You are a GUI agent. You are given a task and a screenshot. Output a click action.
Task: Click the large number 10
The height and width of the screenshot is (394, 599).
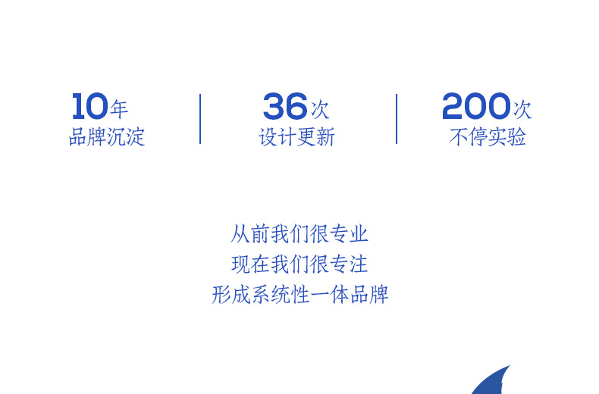click(x=90, y=106)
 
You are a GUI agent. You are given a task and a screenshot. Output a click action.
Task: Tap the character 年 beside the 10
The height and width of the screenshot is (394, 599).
click(x=119, y=109)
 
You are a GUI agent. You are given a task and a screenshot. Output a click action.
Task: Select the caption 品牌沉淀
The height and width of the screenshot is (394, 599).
click(x=107, y=136)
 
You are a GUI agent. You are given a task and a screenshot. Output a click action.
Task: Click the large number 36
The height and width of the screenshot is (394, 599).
click(x=285, y=106)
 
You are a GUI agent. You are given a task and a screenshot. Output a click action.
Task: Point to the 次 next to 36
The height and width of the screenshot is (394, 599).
click(x=320, y=110)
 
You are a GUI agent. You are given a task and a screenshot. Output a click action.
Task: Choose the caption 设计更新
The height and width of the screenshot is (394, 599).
click(x=296, y=136)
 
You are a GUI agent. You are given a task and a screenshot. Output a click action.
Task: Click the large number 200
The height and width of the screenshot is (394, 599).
click(x=476, y=106)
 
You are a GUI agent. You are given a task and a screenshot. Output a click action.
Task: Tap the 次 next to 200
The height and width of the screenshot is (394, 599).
click(x=522, y=110)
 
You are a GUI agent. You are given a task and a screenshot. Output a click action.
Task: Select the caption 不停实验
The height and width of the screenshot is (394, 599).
click(x=488, y=136)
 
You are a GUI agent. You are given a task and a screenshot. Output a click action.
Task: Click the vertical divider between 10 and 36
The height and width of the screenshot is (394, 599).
click(x=200, y=119)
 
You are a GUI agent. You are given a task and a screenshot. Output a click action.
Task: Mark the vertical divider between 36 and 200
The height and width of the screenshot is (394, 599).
click(x=397, y=119)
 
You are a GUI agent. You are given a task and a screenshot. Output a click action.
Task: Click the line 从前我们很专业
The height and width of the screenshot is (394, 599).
click(x=299, y=233)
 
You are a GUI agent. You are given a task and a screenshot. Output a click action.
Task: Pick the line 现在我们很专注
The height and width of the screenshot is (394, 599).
click(x=299, y=264)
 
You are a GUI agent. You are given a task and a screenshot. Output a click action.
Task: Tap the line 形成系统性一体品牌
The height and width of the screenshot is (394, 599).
click(x=300, y=294)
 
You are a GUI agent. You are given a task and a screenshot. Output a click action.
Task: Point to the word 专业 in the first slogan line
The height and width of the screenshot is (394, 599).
click(x=349, y=233)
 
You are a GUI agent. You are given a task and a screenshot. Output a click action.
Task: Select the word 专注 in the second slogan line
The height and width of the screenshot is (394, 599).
click(x=349, y=264)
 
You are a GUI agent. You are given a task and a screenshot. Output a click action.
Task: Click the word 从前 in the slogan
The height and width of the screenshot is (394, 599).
click(x=250, y=233)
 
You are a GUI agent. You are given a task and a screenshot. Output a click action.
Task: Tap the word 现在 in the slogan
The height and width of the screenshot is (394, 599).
click(x=250, y=264)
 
